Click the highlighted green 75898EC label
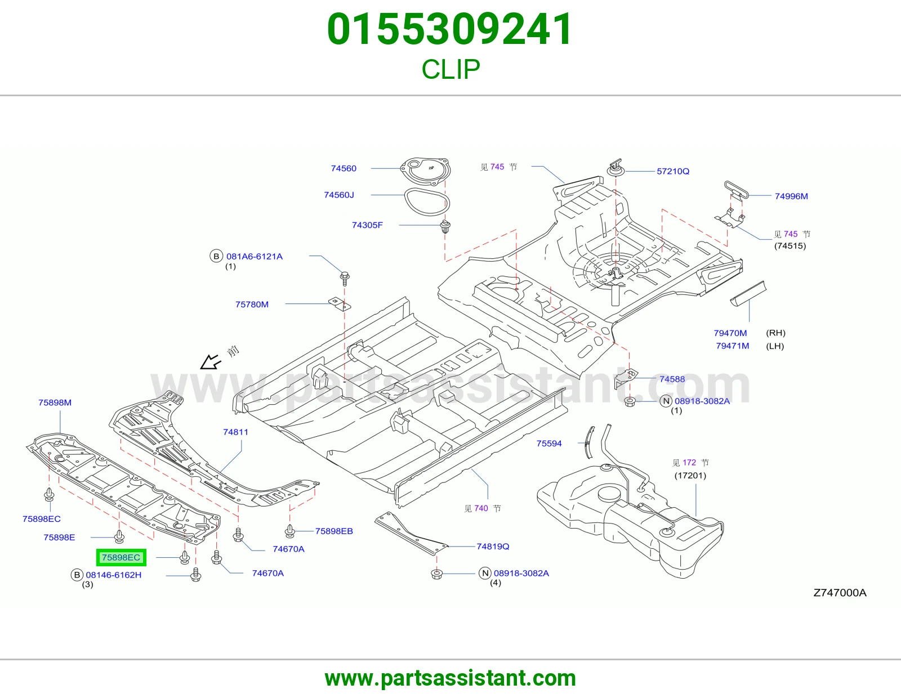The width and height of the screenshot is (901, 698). (x=121, y=557)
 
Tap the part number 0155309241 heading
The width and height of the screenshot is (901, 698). (x=450, y=29)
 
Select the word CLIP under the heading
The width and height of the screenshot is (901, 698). (x=450, y=69)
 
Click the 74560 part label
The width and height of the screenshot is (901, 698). (x=344, y=168)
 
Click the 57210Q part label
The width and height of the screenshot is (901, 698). (x=673, y=171)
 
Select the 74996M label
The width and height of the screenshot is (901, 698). (x=791, y=196)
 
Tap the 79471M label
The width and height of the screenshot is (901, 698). (x=732, y=346)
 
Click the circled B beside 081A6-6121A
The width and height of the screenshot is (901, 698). (x=216, y=256)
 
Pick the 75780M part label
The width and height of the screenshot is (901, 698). (x=252, y=304)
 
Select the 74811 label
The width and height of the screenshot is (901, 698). (x=235, y=432)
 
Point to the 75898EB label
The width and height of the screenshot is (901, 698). (x=334, y=531)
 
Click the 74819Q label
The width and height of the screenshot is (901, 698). (x=493, y=546)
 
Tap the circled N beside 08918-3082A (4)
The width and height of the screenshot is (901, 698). (x=485, y=573)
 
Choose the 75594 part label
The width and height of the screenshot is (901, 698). (x=549, y=444)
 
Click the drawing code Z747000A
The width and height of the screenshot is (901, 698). (x=840, y=593)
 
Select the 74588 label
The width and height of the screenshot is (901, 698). (x=672, y=379)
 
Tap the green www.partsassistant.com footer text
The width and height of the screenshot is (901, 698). (x=450, y=678)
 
